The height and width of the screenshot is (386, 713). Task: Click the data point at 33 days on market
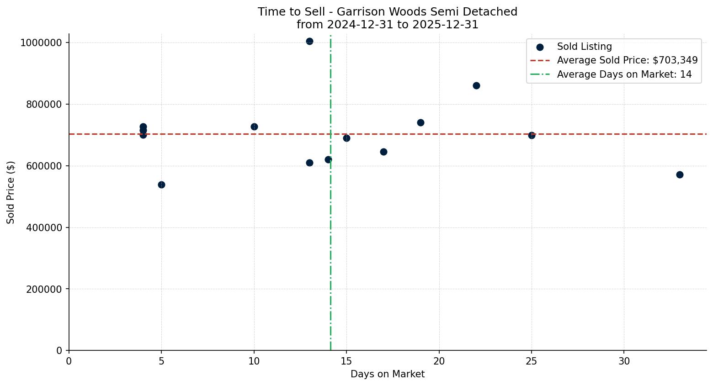point(680,174)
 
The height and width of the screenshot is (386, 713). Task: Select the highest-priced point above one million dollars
point(309,41)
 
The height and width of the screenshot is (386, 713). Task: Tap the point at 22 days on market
point(476,85)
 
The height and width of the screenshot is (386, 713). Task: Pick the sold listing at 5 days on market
point(161,185)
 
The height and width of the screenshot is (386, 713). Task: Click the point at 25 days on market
point(532,135)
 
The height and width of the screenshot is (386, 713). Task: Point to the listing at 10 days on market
point(254,127)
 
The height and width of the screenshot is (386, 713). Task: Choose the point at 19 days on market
point(420,122)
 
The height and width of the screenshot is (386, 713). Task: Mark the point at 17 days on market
point(383,152)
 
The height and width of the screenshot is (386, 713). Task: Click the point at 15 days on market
point(346,138)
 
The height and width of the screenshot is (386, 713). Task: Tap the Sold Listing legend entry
point(584,47)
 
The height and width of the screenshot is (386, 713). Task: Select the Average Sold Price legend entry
point(627,60)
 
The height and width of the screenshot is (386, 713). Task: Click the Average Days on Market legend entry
point(624,74)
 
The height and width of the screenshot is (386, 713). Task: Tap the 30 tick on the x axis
point(624,361)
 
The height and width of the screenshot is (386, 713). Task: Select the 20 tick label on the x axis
point(439,361)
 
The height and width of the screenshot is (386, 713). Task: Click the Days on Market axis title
point(388,375)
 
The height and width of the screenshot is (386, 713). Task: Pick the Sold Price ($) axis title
point(11,192)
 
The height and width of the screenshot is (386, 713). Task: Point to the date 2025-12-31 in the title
point(445,25)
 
